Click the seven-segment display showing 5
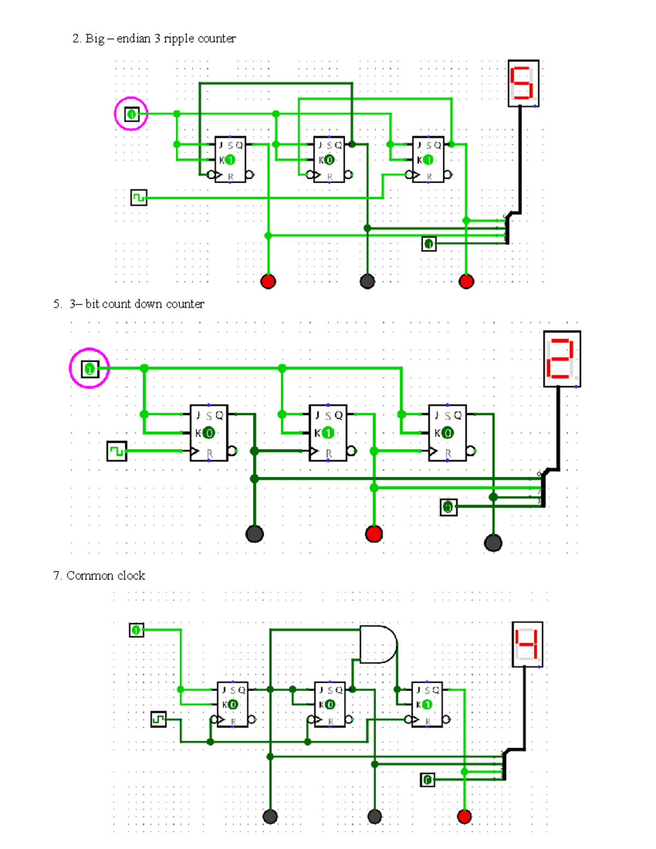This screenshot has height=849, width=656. coord(523,84)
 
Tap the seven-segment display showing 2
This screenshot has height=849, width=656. coord(562,359)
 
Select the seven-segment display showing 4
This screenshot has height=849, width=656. coord(527,644)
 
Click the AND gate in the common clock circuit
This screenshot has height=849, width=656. coord(378,645)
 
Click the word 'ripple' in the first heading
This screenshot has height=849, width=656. coord(179,39)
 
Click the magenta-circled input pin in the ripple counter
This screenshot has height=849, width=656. coord(131,114)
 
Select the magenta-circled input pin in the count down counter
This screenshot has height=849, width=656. coord(90,369)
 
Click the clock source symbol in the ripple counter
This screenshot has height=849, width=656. coord(139,197)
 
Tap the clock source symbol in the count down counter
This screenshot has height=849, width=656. coord(116,451)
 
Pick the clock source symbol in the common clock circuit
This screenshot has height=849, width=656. coord(158,719)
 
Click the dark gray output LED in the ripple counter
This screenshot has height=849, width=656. coord(367,282)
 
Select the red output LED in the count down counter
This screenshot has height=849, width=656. coord(374,534)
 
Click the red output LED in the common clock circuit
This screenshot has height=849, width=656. coord(464,817)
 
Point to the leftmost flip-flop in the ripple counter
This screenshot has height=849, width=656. coord(230,160)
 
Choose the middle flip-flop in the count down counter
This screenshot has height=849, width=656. coord(328,433)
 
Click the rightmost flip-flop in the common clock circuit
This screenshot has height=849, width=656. coord(426,704)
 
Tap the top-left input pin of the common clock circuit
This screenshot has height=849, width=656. coord(136,630)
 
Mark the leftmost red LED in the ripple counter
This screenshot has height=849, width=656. coord(268,282)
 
